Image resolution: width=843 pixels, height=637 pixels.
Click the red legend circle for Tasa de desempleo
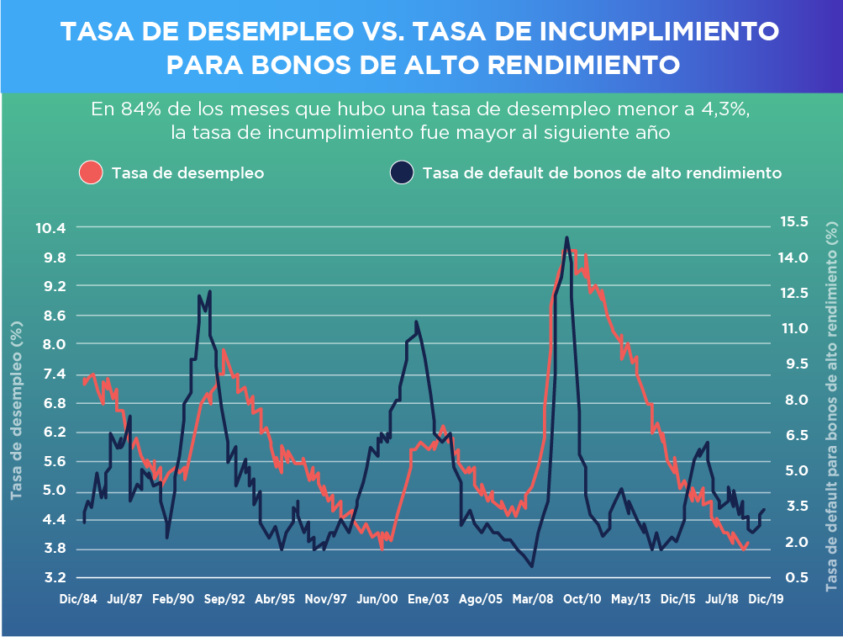[91, 173]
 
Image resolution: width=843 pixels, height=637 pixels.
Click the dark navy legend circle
[402, 173]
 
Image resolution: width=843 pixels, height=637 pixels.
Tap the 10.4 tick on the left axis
[50, 227]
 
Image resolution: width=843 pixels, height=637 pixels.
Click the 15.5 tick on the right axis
[793, 222]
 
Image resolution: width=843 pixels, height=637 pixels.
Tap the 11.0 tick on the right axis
[793, 328]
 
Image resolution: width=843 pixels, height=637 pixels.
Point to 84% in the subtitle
[137, 109]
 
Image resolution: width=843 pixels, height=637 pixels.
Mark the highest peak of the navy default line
[566, 238]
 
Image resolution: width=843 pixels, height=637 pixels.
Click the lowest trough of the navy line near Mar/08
[531, 566]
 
